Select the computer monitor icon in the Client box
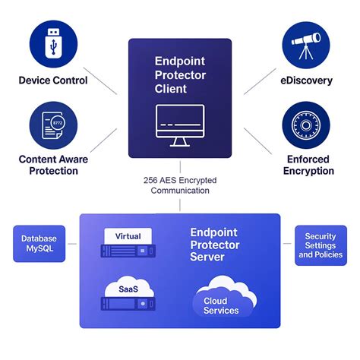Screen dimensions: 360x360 [x=179, y=125]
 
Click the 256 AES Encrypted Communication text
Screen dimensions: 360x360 [x=179, y=186]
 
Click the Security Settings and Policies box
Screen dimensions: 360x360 [x=321, y=245]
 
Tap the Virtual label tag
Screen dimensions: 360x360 [x=128, y=236]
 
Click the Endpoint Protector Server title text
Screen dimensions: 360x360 [x=215, y=245]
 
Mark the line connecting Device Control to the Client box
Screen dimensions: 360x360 [x=101, y=84]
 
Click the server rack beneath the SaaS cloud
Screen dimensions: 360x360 [x=128, y=305]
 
